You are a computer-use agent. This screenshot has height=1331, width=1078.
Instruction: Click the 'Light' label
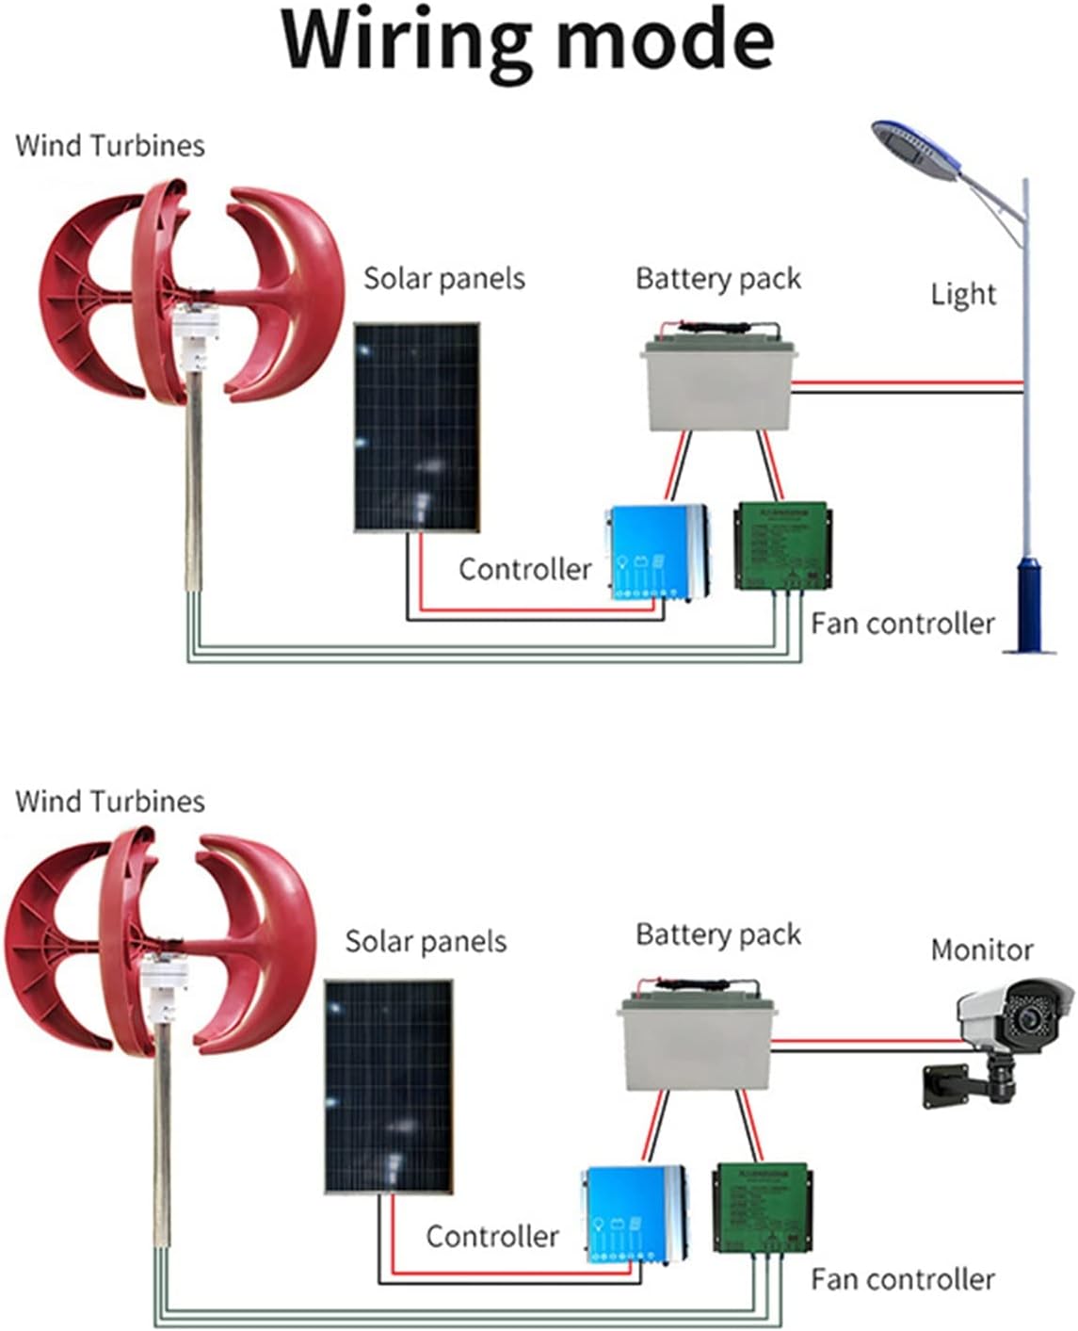coord(962,294)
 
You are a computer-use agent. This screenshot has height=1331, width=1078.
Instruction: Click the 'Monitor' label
coord(981,950)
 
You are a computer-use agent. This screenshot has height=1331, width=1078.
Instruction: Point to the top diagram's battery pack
coord(718,381)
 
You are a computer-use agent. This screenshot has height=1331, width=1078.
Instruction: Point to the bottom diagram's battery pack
coord(694,1041)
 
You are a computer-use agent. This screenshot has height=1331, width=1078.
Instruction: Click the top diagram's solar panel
coord(416,428)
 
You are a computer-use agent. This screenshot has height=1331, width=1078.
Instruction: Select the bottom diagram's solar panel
coord(388,1086)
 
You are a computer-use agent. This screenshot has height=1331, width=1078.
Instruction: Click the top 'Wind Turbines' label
coord(110,145)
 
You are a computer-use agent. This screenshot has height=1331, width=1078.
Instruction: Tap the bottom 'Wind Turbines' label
coord(110,801)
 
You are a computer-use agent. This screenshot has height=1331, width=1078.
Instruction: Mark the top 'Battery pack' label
coord(717,279)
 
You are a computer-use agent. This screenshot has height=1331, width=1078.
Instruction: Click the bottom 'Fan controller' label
coord(902,1279)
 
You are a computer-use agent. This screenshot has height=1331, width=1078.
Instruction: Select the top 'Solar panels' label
coord(443,279)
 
